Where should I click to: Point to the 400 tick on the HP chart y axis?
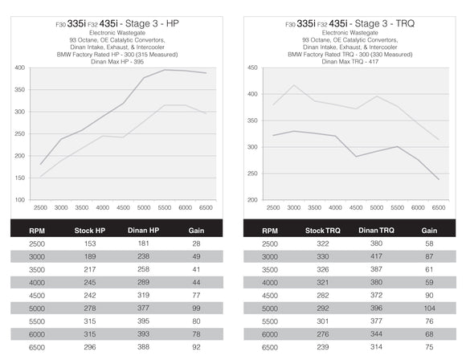tap(18, 67)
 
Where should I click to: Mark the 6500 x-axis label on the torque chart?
tap(438, 208)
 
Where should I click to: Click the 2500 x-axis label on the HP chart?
tap(42, 208)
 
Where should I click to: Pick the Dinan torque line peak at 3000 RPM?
tap(294, 85)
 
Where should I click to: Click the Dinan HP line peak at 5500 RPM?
tap(166, 70)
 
